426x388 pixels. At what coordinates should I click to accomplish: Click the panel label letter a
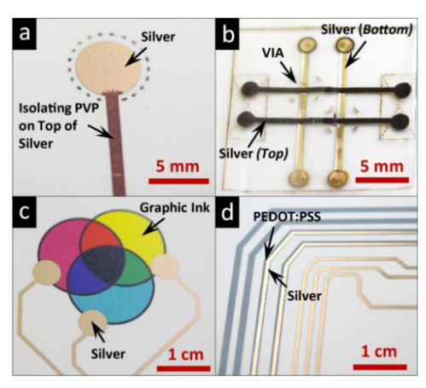24,34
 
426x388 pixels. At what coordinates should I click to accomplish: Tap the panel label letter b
228,34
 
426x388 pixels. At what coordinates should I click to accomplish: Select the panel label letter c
24,211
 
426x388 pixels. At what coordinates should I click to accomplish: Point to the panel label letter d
227,211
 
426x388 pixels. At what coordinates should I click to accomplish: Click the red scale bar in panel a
178,181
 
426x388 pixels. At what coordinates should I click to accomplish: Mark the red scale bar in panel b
382,180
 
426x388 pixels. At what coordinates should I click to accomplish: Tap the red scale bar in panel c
184,368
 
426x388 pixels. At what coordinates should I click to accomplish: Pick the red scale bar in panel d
380,367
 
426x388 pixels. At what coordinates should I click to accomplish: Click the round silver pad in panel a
108,67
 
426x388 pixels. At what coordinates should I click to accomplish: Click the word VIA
273,53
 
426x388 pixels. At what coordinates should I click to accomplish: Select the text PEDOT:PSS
287,217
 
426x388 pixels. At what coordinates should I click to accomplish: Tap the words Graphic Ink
175,208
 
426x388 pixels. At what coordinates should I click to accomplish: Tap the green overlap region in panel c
134,267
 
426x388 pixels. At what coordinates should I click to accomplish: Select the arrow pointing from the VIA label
289,72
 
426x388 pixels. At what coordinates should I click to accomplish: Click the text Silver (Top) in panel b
254,153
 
